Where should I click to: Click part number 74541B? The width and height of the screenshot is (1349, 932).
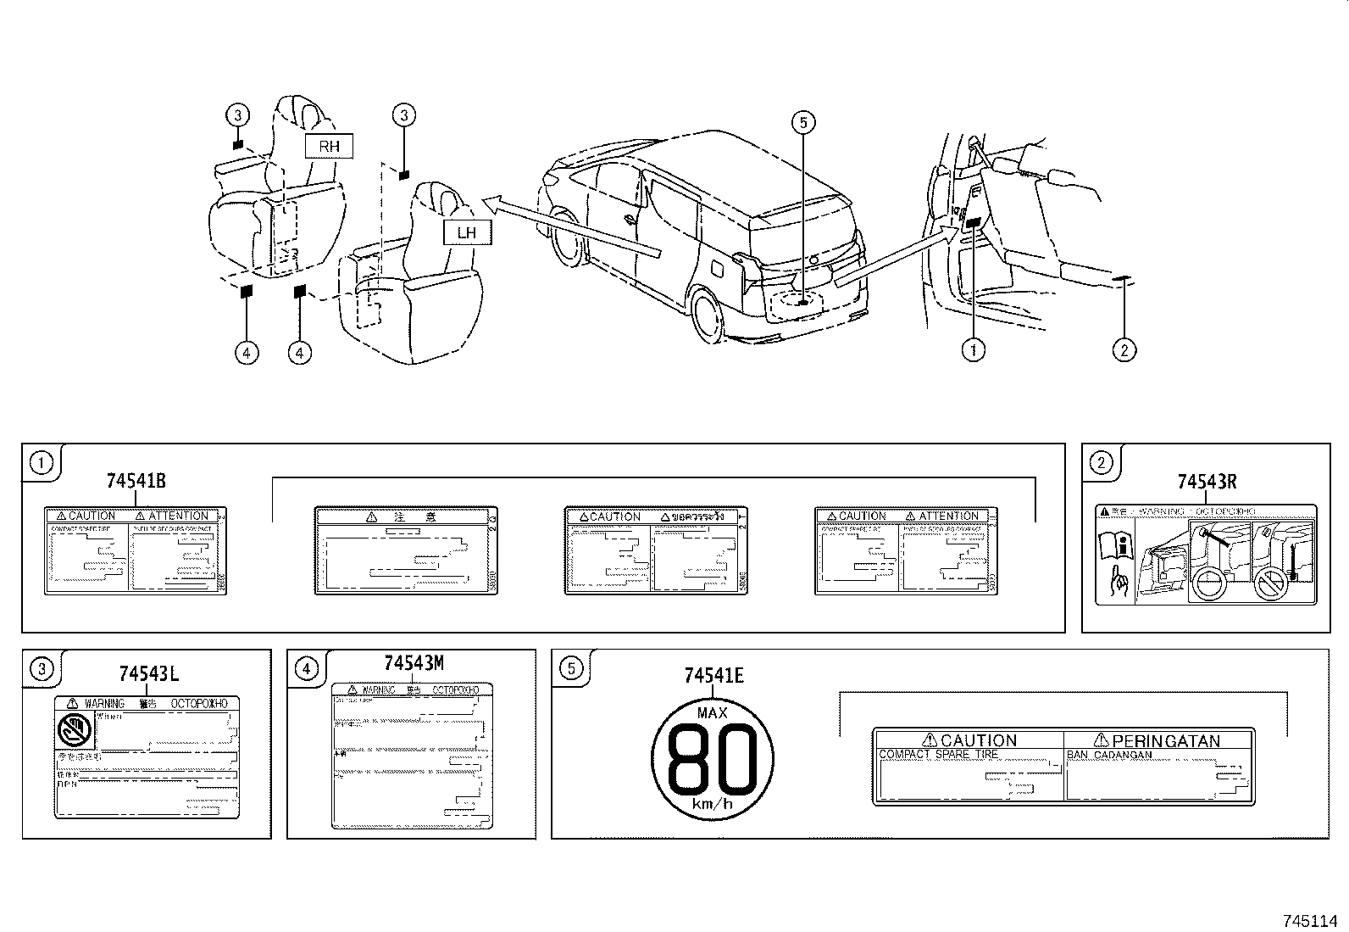[x=136, y=481]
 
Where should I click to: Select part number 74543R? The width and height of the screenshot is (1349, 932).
[x=1207, y=482]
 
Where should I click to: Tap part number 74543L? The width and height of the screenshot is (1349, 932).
[x=148, y=674]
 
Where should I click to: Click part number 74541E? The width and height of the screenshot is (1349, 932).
[x=713, y=675]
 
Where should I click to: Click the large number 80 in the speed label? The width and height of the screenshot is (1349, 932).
[x=713, y=758]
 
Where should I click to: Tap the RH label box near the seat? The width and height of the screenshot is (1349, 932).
[x=329, y=146]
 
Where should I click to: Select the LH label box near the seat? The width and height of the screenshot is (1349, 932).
[x=467, y=232]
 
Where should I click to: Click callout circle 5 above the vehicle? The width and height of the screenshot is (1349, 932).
[x=802, y=123]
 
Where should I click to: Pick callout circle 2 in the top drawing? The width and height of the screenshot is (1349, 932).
[x=1124, y=349]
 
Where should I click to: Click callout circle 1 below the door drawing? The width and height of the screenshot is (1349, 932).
[x=973, y=349]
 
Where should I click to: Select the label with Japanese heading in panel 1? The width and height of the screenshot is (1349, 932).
[x=406, y=551]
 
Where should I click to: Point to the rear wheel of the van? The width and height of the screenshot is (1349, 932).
[x=709, y=315]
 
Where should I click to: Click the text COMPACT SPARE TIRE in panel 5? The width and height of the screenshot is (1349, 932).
[x=938, y=754]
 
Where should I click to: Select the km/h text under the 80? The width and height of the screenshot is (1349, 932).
[x=712, y=804]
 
